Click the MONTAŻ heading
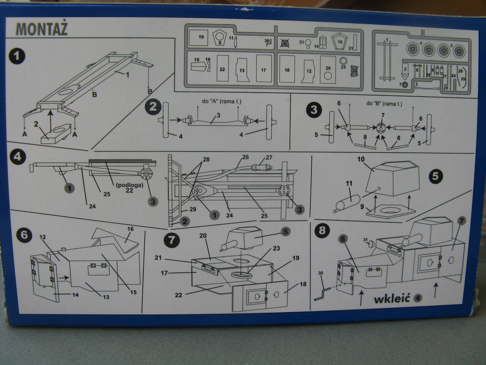coord(42,29)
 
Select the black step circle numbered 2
coord(153,106)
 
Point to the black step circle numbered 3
coord(313,110)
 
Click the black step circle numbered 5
coord(435,176)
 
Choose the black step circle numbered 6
coord(24,234)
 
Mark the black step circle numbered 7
coord(171,240)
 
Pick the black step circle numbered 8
coord(323,231)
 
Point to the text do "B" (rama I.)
coord(383,104)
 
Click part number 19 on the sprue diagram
coord(201,37)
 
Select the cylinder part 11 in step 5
coord(347,202)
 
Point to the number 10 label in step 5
coord(360,160)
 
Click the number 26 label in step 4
coord(245,157)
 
